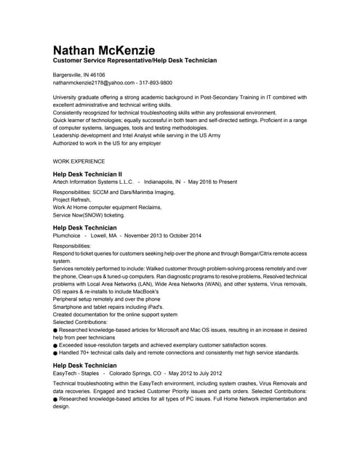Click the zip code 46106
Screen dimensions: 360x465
(x=95, y=75)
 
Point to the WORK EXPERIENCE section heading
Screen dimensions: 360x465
(x=79, y=161)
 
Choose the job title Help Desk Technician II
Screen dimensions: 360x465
(x=87, y=174)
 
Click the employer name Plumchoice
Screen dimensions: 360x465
(x=67, y=235)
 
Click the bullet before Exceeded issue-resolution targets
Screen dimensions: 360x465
(x=55, y=345)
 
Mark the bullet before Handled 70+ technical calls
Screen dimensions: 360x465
(x=55, y=353)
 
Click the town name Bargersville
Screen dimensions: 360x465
(x=67, y=75)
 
